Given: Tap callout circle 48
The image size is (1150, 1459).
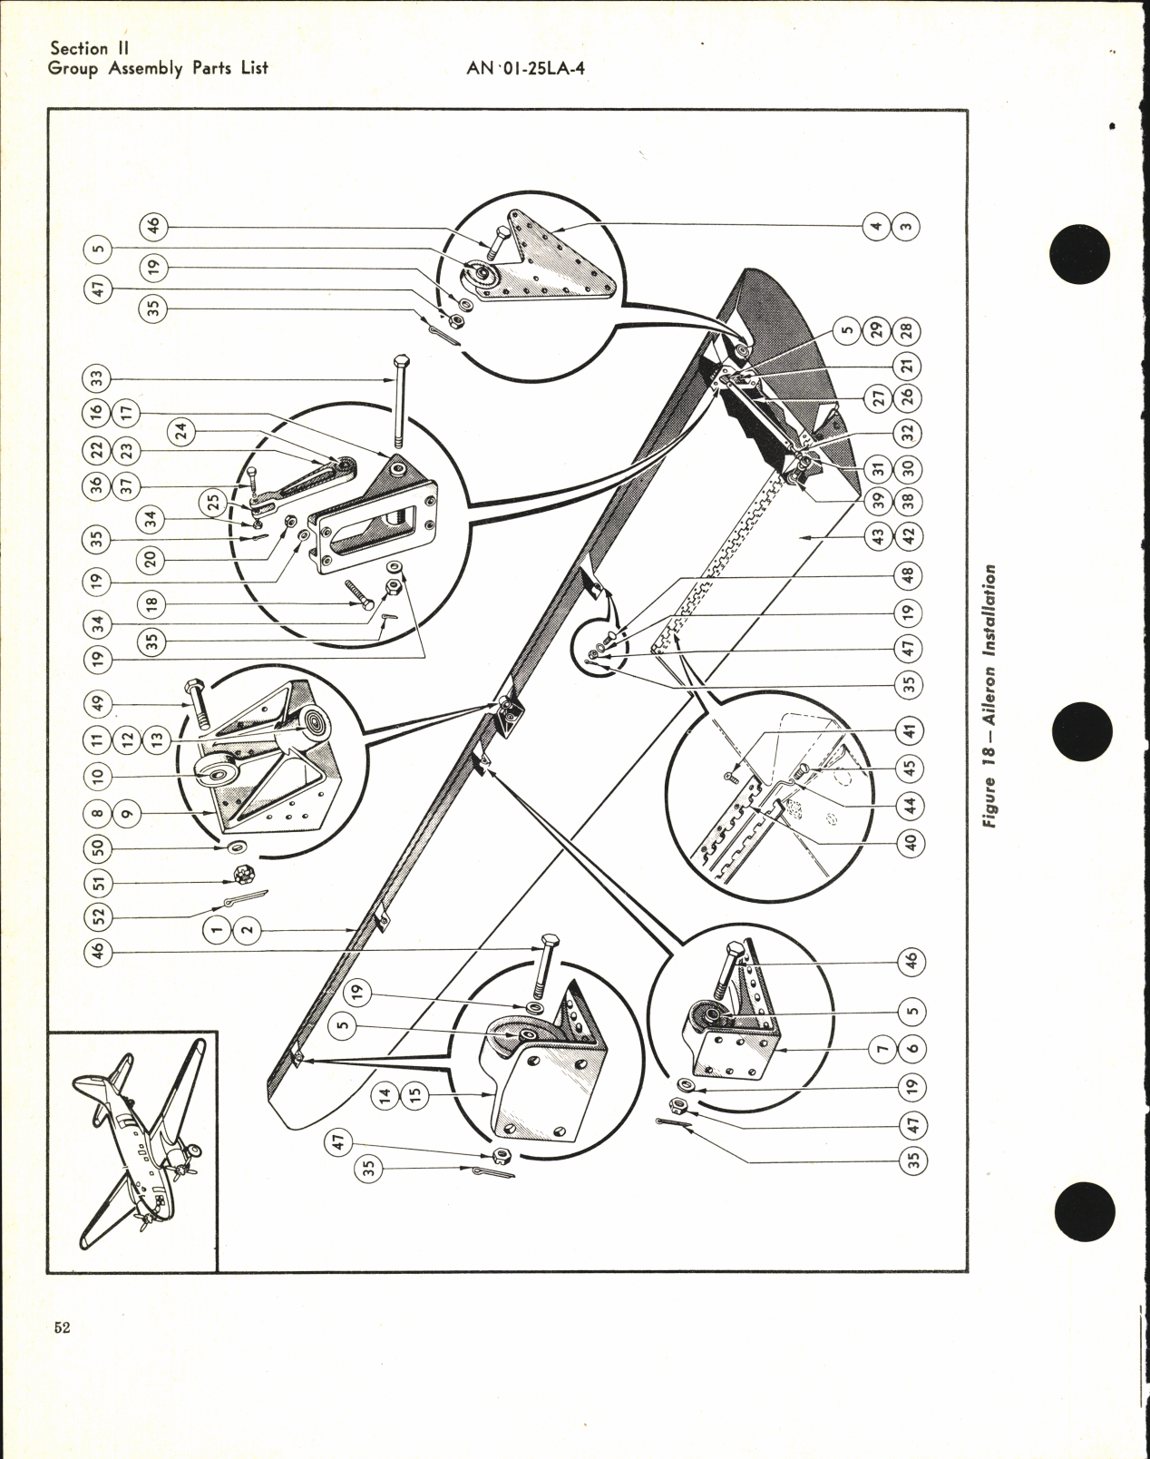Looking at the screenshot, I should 911,575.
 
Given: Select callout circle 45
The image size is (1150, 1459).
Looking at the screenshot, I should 911,767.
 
